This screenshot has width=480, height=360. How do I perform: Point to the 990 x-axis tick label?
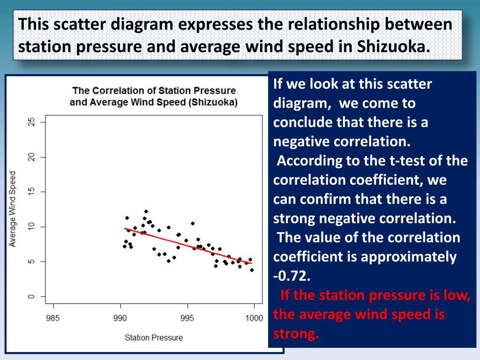(120, 318)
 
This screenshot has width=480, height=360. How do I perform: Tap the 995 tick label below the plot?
(187, 318)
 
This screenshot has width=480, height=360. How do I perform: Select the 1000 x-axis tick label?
(254, 318)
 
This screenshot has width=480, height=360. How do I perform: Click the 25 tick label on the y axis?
(31, 122)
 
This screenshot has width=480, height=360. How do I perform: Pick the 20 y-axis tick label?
(31, 157)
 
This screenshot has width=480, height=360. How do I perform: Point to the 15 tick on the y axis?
(31, 192)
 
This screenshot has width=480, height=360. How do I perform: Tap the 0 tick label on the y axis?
(31, 296)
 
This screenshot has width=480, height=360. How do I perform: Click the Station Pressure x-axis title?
(154, 337)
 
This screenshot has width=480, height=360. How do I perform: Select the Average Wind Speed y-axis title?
(13, 209)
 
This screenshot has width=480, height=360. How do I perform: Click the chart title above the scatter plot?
(154, 96)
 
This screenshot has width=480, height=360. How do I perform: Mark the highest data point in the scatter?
(146, 211)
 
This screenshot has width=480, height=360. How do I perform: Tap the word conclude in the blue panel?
(303, 122)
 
